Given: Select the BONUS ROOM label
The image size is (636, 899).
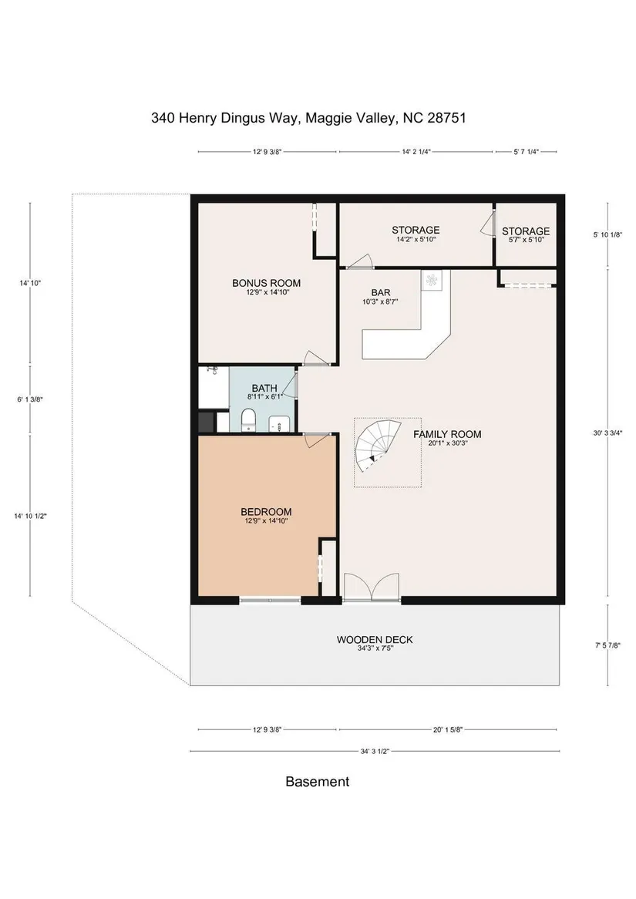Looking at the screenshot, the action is tap(266, 283).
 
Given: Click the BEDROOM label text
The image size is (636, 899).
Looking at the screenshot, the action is tap(265, 511).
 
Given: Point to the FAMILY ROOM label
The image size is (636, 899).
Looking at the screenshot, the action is tap(447, 434).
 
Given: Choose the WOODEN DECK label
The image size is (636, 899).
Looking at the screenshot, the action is tap(375, 639).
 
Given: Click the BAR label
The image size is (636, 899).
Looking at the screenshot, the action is tap(381, 292).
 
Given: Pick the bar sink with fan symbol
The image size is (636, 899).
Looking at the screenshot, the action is tap(432, 281).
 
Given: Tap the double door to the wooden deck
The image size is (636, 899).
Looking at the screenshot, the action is tap(372, 587).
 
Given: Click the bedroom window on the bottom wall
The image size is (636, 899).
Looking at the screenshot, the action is tap(270, 600).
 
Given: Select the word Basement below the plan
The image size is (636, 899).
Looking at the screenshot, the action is tap(317, 782).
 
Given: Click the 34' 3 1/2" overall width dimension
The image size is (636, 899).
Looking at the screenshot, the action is tap(375, 750).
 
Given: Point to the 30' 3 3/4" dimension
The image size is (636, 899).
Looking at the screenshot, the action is tap(608, 433).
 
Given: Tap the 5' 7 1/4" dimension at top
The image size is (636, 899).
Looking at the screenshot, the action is tap(526, 152).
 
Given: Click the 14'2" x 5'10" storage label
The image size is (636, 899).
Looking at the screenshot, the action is tap(416, 240).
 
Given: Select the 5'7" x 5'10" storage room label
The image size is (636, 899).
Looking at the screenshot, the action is tap(526, 241).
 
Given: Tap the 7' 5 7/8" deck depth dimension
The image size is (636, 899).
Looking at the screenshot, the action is tap(608, 645).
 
